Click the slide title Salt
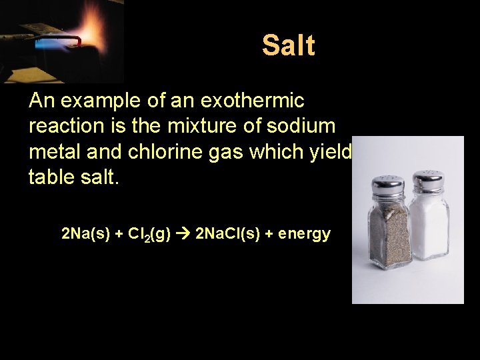pos(288,45)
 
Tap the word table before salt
pos(50,177)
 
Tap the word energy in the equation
pos(305,235)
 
